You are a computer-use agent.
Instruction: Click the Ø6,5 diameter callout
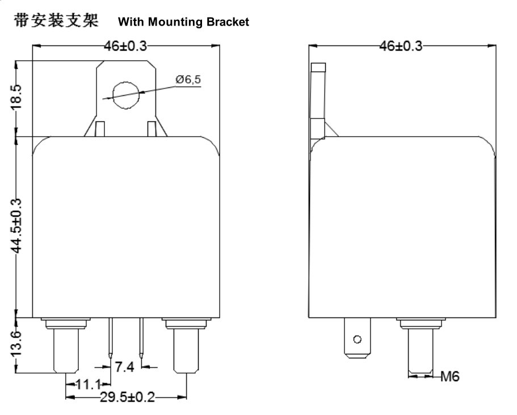point(188,79)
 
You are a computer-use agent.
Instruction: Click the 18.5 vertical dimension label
point(16,97)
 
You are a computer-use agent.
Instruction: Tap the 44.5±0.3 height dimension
point(16,226)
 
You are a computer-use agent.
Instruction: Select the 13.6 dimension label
point(16,344)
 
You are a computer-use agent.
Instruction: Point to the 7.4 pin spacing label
point(124,367)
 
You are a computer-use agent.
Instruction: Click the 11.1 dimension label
point(88,384)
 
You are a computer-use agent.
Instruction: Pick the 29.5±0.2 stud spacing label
point(127,397)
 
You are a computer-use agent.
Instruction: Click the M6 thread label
point(449,376)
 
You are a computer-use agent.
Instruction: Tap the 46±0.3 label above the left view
point(125,46)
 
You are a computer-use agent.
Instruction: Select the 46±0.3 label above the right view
point(401,46)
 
